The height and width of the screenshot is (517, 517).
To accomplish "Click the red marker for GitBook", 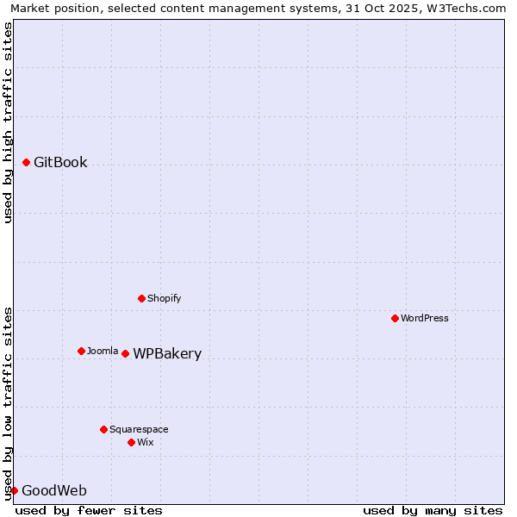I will (x=27, y=162).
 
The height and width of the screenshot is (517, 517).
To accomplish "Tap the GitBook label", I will (x=60, y=162).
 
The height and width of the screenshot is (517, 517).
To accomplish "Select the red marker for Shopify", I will (x=141, y=298).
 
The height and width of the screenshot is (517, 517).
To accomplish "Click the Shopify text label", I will (x=164, y=298).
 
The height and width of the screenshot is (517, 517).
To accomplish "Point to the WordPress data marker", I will (x=395, y=318).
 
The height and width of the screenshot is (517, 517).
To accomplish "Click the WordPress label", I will (x=425, y=318).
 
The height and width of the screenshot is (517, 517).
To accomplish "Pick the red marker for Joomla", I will (x=81, y=351).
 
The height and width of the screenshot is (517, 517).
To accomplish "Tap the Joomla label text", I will (x=103, y=351).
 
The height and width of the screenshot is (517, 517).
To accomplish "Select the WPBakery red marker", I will (x=125, y=353).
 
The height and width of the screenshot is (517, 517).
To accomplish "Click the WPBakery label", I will (x=167, y=353).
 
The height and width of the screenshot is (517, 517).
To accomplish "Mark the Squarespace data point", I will (x=103, y=429).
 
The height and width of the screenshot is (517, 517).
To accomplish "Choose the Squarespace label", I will (x=139, y=429).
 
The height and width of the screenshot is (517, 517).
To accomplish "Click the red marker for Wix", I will (x=131, y=442).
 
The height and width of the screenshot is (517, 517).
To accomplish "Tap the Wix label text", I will (x=146, y=442).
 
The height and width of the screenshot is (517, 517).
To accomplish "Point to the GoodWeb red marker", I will (x=14, y=490).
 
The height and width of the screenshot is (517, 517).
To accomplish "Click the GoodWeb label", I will (x=53, y=490).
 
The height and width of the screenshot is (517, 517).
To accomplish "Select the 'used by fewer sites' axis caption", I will (x=89, y=510).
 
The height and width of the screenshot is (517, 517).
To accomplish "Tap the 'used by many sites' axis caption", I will (x=433, y=510).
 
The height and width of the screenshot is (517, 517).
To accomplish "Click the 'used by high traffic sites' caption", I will (x=9, y=122).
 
